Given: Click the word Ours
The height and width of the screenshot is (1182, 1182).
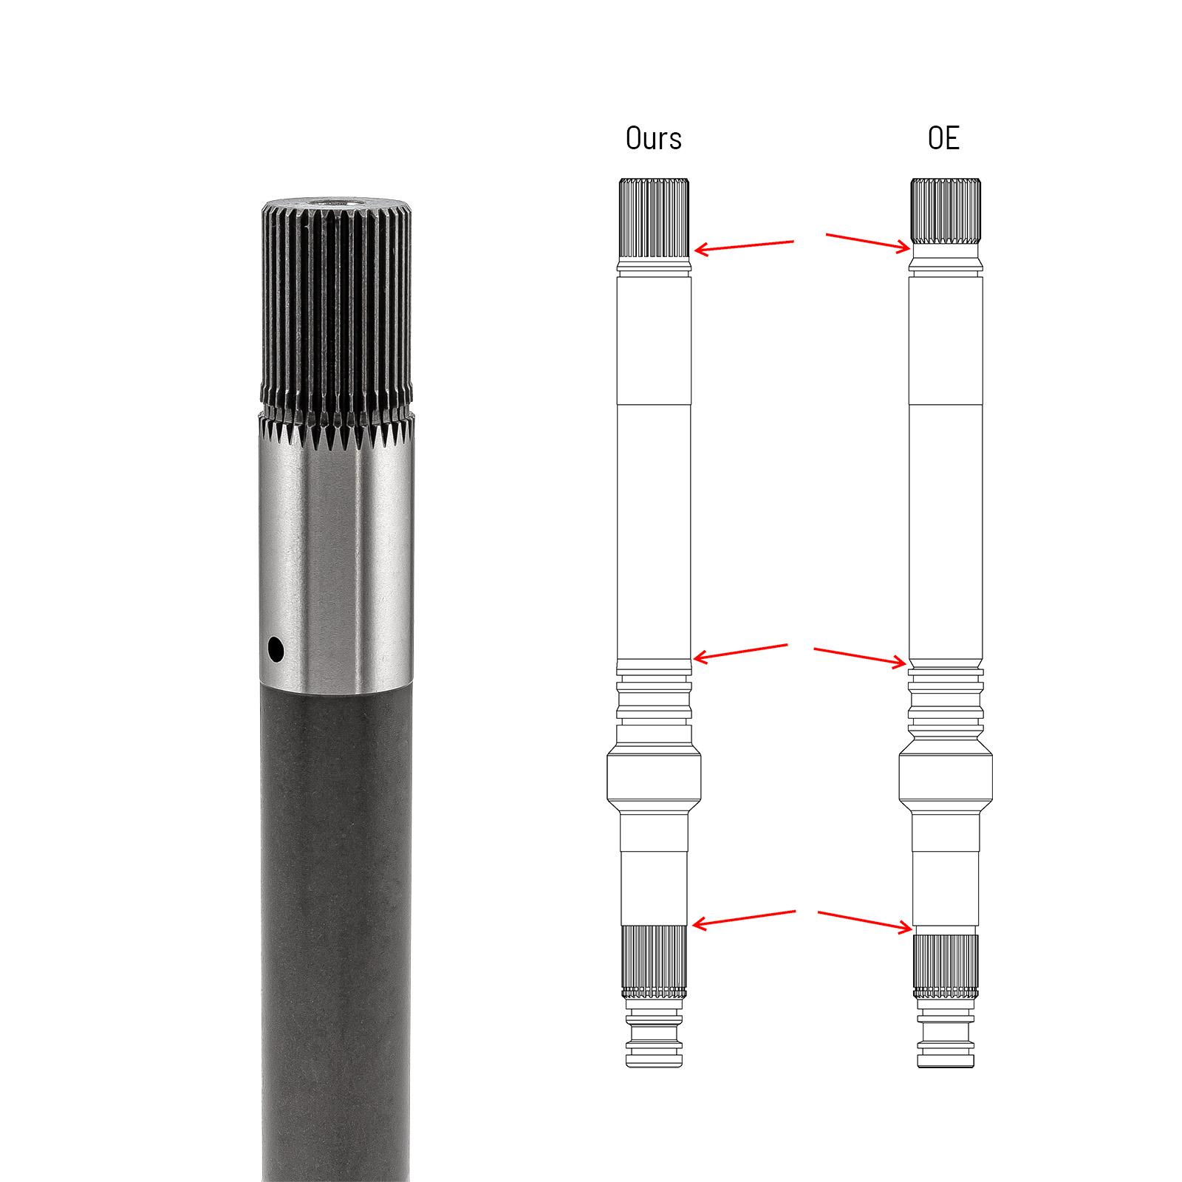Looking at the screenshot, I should (x=653, y=139).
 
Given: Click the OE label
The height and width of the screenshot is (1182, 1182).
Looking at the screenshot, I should (x=943, y=139).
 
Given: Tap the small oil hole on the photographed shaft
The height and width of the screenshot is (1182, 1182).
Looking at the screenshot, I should (x=276, y=650).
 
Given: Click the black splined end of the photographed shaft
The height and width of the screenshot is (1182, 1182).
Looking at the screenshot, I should (x=336, y=310).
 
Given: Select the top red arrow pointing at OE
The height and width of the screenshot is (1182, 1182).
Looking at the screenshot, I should (x=868, y=242).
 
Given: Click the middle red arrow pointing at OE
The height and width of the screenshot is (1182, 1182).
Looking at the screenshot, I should (x=859, y=656).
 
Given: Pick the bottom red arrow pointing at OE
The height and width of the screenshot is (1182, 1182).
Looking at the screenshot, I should (x=865, y=920).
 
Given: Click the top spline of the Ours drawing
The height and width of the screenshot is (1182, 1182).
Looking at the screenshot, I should (x=654, y=218).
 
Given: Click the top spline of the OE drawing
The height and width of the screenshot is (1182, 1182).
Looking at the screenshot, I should (x=946, y=211).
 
